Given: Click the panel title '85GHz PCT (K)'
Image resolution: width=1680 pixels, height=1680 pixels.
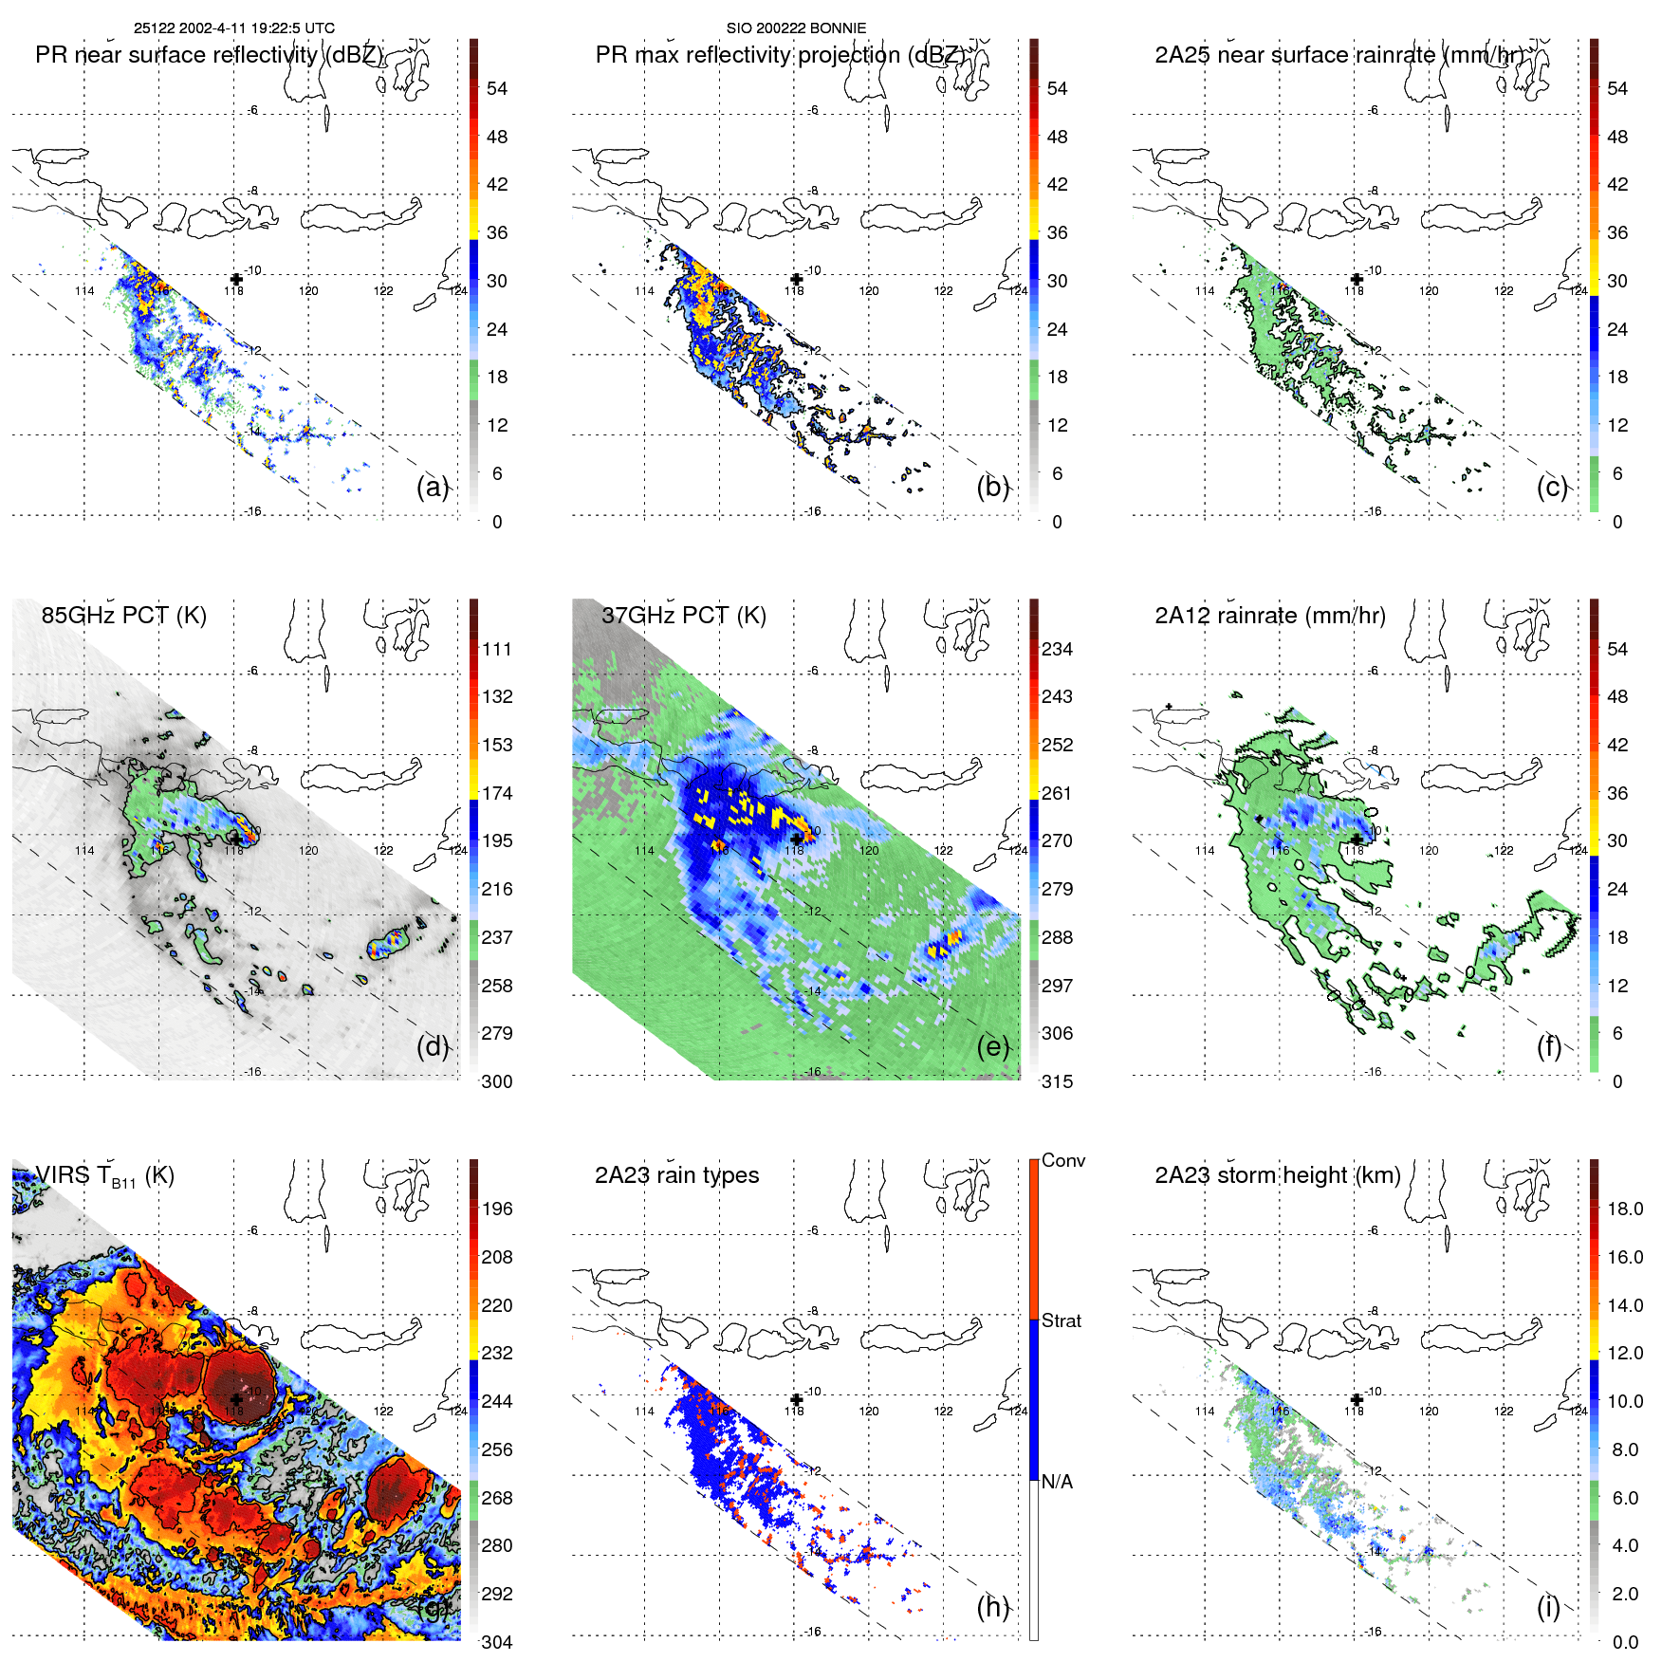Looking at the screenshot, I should (123, 616).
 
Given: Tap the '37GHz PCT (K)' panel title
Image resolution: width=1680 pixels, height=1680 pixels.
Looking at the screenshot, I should (683, 616).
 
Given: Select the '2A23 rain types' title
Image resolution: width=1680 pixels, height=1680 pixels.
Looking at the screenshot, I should (676, 1175).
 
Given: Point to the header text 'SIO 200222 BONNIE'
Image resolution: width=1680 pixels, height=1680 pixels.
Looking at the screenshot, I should (796, 28).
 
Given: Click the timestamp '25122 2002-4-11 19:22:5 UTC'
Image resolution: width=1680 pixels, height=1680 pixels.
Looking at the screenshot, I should (233, 28).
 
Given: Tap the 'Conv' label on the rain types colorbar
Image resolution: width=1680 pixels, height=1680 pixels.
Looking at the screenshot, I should (1062, 1160).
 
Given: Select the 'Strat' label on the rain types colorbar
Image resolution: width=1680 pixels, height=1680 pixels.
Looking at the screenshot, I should (1061, 1320).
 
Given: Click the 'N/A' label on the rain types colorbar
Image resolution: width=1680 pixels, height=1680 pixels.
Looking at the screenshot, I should (1057, 1482).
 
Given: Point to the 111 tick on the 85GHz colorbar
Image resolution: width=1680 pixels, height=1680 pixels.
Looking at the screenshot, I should (497, 649).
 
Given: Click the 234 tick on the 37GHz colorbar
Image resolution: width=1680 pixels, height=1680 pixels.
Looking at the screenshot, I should (1057, 649).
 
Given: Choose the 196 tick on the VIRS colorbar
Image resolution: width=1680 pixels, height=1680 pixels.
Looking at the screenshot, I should (497, 1209).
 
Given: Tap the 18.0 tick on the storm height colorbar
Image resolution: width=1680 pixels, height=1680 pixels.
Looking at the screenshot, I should (1624, 1209).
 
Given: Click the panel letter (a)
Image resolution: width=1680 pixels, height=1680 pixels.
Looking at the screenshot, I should (433, 487).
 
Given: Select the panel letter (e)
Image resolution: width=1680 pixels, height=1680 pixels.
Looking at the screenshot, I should (992, 1046).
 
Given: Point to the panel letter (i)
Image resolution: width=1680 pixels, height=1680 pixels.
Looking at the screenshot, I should (1548, 1606).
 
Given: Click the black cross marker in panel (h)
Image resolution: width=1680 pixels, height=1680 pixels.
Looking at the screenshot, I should (797, 1399).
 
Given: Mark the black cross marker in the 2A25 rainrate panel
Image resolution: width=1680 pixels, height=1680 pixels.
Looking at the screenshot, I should (1357, 279).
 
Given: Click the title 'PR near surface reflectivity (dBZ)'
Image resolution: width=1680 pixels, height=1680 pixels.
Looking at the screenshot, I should (209, 55).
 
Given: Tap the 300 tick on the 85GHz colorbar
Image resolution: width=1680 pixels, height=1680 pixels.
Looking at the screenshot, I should (497, 1081).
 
